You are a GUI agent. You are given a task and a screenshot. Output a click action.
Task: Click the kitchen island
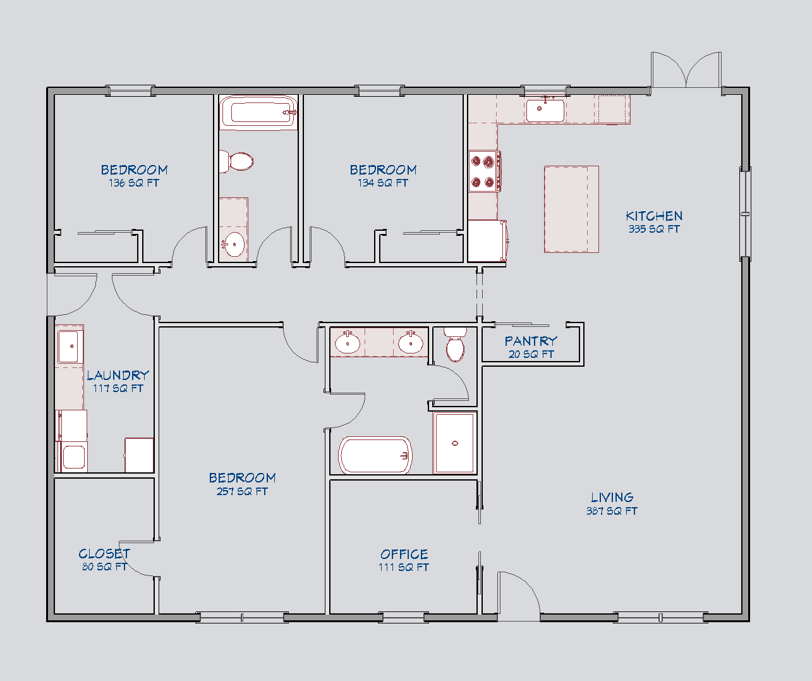coord(571,209)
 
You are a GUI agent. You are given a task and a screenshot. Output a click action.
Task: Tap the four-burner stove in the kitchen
coord(484,171)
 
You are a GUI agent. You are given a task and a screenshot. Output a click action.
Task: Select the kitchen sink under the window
coord(545,110)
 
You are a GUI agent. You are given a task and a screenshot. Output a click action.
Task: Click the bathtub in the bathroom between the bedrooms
coord(258,113)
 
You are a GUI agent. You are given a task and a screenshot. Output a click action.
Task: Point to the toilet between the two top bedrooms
coord(236,161)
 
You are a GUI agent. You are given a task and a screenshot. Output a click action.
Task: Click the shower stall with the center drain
coord(454,443)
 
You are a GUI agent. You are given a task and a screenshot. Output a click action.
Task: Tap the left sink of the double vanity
coord(347,343)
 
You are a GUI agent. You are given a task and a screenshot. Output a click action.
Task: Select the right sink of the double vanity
coord(410,343)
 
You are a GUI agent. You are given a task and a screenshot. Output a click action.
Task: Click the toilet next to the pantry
coord(455,345)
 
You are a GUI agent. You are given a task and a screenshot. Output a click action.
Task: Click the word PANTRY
coord(531,341)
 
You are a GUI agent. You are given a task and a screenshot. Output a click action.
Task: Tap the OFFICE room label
coord(404,554)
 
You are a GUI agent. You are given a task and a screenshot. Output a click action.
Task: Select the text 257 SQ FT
coord(242,491)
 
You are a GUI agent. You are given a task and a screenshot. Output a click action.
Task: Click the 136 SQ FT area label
coord(134,183)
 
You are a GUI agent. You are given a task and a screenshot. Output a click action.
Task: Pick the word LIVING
coord(612,498)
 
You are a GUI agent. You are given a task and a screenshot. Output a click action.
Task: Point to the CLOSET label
coord(104,553)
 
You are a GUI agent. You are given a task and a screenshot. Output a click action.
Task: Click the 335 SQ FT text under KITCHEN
coord(654,229)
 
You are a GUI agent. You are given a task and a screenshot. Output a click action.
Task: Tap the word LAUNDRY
coord(118,375)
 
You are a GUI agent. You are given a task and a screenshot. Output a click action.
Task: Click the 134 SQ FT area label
coord(383,183)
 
